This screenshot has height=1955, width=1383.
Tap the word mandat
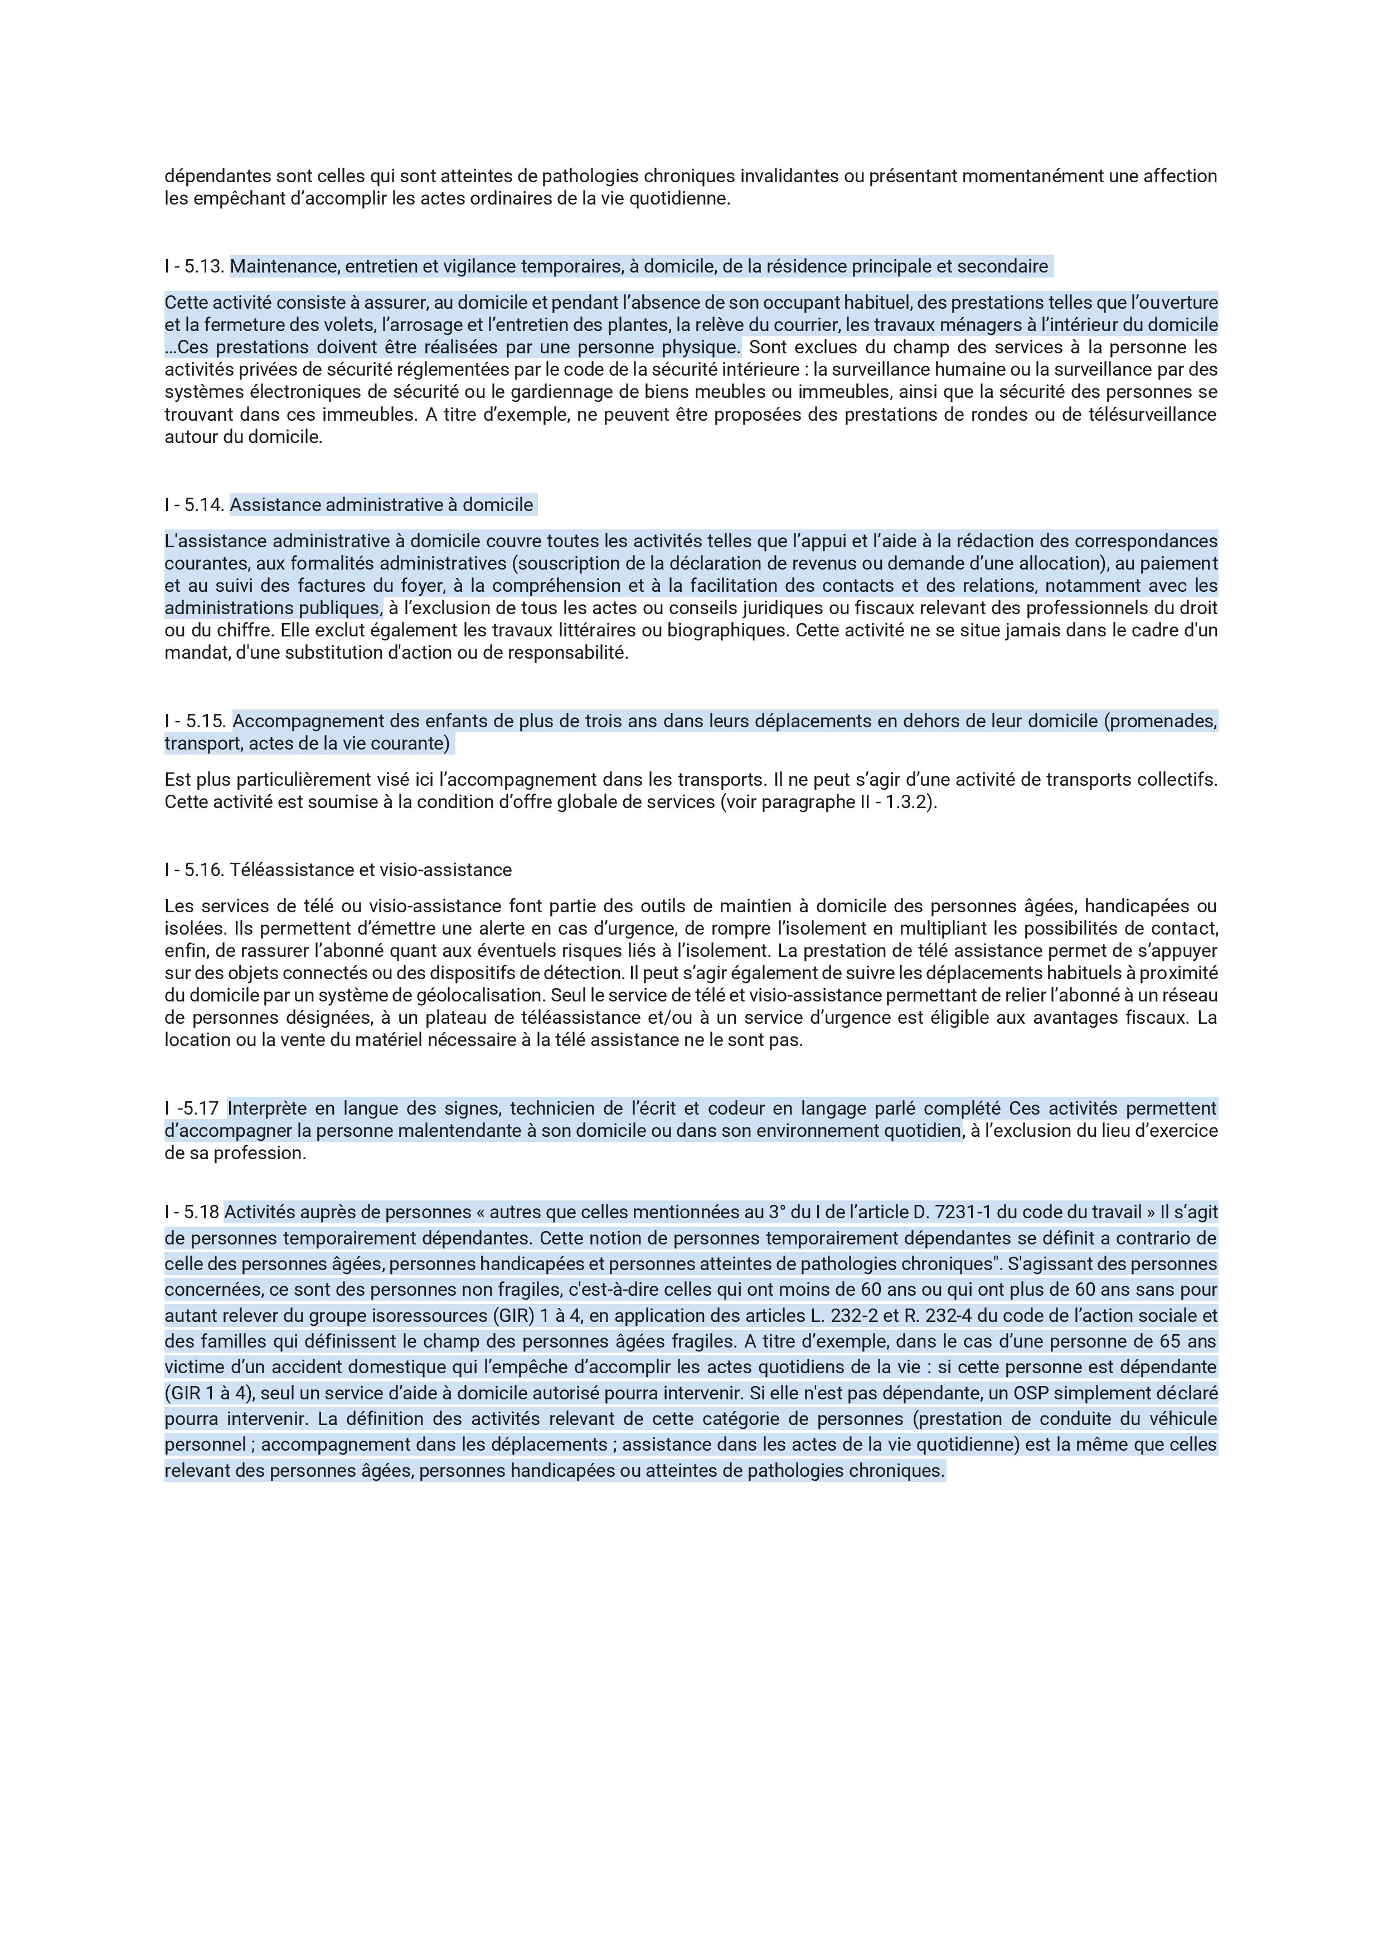(190, 653)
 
